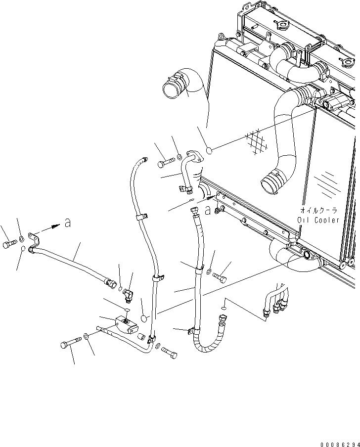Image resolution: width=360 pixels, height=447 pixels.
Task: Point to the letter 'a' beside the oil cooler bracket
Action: pyautogui.click(x=208, y=210)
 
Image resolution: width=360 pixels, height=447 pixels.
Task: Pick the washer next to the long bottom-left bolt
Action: pyautogui.click(x=87, y=336)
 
